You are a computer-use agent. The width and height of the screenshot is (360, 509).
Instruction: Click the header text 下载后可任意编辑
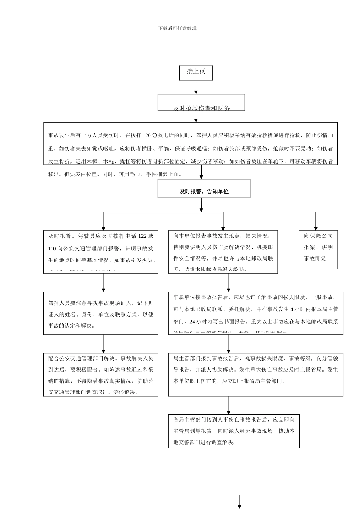[177, 28]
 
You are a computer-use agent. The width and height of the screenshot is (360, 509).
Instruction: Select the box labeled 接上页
[196, 72]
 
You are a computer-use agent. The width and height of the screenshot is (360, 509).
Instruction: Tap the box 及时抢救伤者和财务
[201, 103]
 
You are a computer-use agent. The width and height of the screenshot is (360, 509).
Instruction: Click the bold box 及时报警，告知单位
[204, 189]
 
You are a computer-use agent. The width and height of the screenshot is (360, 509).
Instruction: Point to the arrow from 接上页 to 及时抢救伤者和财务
[196, 87]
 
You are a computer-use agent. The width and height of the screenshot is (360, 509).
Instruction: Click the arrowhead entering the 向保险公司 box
[316, 228]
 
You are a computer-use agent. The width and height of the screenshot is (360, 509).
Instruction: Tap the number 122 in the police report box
[142, 236]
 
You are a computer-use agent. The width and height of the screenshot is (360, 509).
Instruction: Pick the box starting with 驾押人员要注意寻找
[100, 313]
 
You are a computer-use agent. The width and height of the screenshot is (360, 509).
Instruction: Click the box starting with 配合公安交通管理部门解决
[100, 374]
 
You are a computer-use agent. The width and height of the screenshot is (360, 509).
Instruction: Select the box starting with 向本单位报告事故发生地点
[223, 252]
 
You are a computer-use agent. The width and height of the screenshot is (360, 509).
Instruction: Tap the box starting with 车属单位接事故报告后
[256, 313]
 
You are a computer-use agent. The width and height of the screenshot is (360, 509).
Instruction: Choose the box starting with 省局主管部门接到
[234, 431]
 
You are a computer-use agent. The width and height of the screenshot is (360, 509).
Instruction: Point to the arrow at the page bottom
[239, 502]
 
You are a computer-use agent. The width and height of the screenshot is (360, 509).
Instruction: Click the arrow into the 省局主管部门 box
[229, 406]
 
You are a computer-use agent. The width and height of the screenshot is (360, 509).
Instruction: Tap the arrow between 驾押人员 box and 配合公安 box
[103, 344]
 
